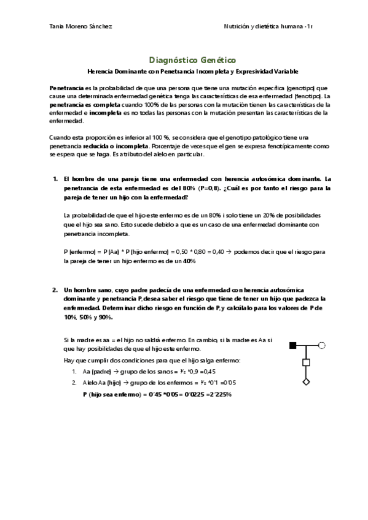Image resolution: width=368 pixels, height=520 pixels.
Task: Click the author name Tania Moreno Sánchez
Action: pyautogui.click(x=80, y=26)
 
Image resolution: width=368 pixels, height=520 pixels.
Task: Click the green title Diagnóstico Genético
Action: pyautogui.click(x=192, y=60)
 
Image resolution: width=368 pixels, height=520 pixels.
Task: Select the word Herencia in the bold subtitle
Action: pyautogui.click(x=100, y=72)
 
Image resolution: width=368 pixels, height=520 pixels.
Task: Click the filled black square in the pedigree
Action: pyautogui.click(x=293, y=345)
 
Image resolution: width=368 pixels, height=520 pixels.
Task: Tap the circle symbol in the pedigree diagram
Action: pyautogui.click(x=321, y=345)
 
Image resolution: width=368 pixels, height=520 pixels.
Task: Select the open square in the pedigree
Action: pyautogui.click(x=306, y=363)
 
